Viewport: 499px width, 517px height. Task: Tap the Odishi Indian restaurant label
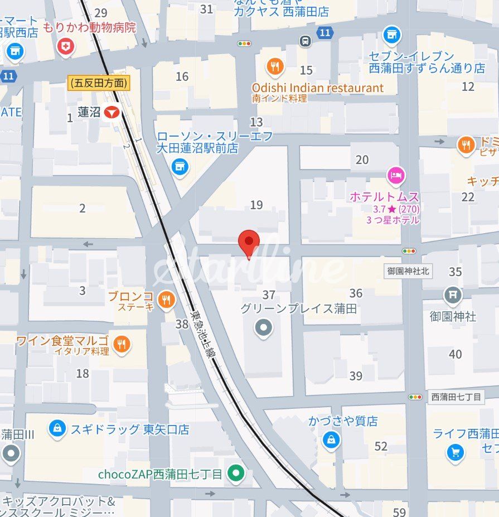(317, 88)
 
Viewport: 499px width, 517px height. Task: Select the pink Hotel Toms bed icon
(396, 176)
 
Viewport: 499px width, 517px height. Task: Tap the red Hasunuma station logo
(113, 112)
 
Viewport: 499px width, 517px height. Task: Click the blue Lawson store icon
(180, 166)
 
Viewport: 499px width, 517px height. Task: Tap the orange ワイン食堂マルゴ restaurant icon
(122, 345)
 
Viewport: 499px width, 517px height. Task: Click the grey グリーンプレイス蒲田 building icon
(264, 328)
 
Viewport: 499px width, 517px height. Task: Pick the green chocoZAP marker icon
(237, 475)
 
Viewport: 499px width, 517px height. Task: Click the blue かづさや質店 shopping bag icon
(331, 440)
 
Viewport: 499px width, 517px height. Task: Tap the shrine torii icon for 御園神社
(453, 294)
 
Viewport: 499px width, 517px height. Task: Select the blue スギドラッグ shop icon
(56, 429)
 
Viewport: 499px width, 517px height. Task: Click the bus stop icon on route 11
(305, 41)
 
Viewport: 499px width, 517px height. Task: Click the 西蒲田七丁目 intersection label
(455, 397)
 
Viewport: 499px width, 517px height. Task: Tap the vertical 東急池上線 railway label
(202, 338)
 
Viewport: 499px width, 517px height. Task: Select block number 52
(381, 446)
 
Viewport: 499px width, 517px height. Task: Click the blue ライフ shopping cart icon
(456, 452)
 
